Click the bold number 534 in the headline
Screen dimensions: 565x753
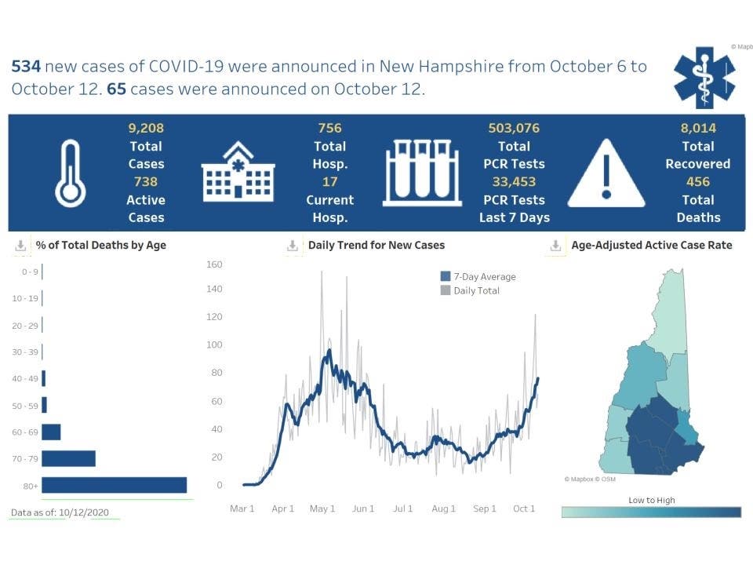(x=26, y=66)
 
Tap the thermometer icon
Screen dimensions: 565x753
(x=70, y=173)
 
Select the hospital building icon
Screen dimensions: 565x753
(x=237, y=172)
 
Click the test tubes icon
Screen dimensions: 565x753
(x=422, y=173)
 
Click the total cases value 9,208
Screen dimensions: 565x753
(x=146, y=128)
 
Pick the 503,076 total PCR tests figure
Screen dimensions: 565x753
(x=514, y=128)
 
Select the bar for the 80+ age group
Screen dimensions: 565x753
(x=115, y=485)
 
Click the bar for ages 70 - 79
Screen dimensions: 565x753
(x=69, y=458)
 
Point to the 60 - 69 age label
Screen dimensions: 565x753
(x=24, y=432)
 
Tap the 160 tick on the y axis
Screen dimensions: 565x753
(x=214, y=264)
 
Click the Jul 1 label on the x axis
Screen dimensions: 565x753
(x=402, y=508)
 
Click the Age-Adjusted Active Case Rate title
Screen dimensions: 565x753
(x=651, y=245)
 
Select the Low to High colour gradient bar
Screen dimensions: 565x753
(x=651, y=512)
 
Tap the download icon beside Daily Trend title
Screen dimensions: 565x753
(x=292, y=246)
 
